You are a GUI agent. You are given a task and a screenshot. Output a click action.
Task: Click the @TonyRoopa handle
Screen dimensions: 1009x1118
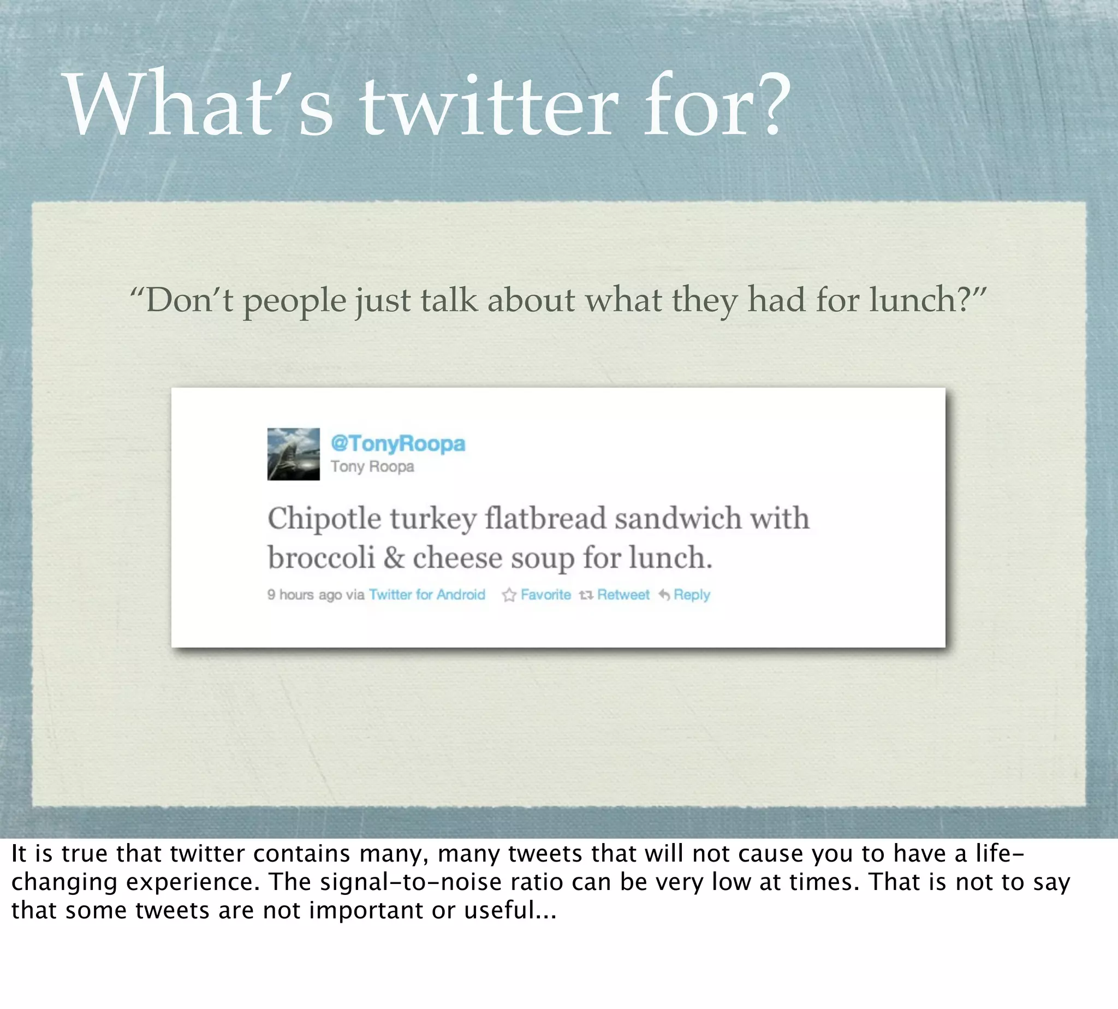pos(398,443)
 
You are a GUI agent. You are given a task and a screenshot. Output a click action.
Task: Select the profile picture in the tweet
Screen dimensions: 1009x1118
pos(293,454)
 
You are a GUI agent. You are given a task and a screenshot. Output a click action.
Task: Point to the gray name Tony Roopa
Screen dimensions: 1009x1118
pos(372,467)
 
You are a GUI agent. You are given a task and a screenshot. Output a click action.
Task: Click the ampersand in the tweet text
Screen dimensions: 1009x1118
pos(394,557)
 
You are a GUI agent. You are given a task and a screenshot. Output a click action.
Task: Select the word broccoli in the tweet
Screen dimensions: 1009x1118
pos(321,557)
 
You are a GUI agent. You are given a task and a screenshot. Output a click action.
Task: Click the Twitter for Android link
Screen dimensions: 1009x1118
pos(427,595)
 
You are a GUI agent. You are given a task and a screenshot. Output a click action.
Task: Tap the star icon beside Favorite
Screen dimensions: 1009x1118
pos(509,596)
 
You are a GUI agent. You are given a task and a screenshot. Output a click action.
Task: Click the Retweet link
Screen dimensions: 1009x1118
pos(623,595)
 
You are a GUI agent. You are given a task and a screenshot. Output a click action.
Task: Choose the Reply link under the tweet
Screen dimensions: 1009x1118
pos(691,595)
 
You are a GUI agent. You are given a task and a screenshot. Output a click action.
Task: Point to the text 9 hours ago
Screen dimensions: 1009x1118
pos(304,595)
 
